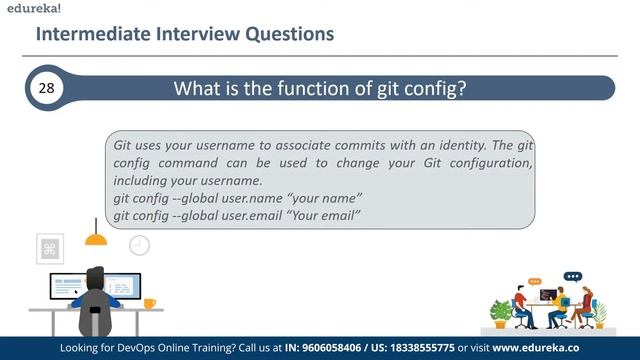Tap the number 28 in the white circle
(x=46, y=88)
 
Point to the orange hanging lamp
(x=96, y=237)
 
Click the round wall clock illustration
(x=139, y=244)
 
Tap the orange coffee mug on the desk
(x=149, y=302)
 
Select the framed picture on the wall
(x=50, y=248)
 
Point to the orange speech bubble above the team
(x=535, y=282)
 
